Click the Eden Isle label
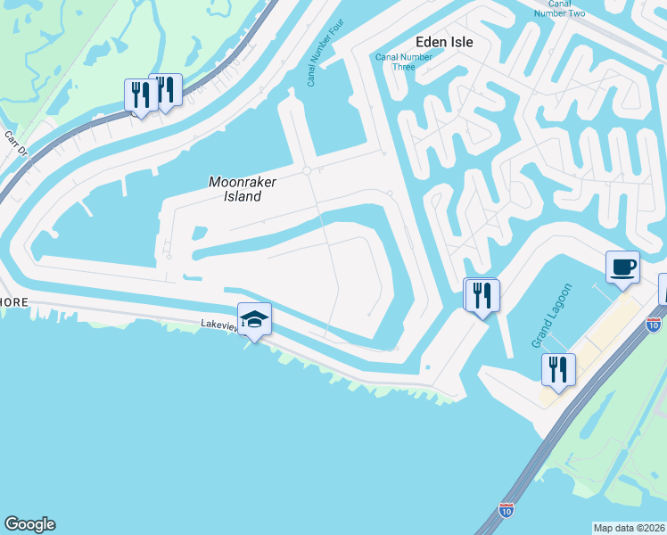443,41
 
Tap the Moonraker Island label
243,188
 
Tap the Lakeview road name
218,327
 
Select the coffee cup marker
622,267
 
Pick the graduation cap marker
254,319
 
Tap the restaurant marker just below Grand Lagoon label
558,368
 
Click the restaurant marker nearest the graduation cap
482,294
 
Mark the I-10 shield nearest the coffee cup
654,322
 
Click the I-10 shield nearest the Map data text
506,510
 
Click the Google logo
29,524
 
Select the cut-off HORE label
14,302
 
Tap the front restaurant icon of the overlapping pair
141,95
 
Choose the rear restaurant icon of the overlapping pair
166,88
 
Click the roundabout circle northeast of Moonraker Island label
307,170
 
